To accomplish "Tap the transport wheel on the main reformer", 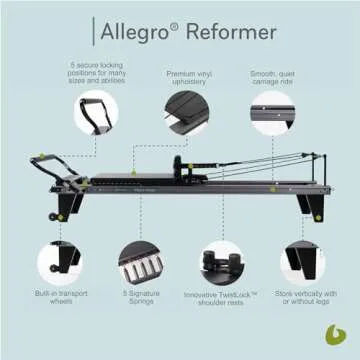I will (x=46, y=214).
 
